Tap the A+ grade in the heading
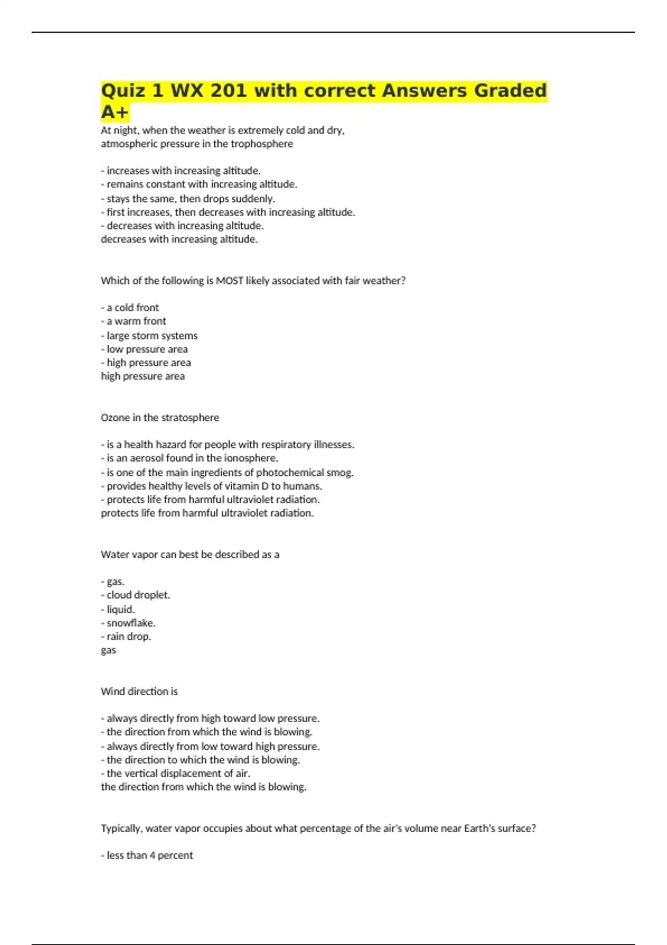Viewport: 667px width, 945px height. (115, 112)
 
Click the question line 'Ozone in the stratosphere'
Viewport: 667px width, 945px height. (160, 417)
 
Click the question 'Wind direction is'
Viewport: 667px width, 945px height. (139, 692)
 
